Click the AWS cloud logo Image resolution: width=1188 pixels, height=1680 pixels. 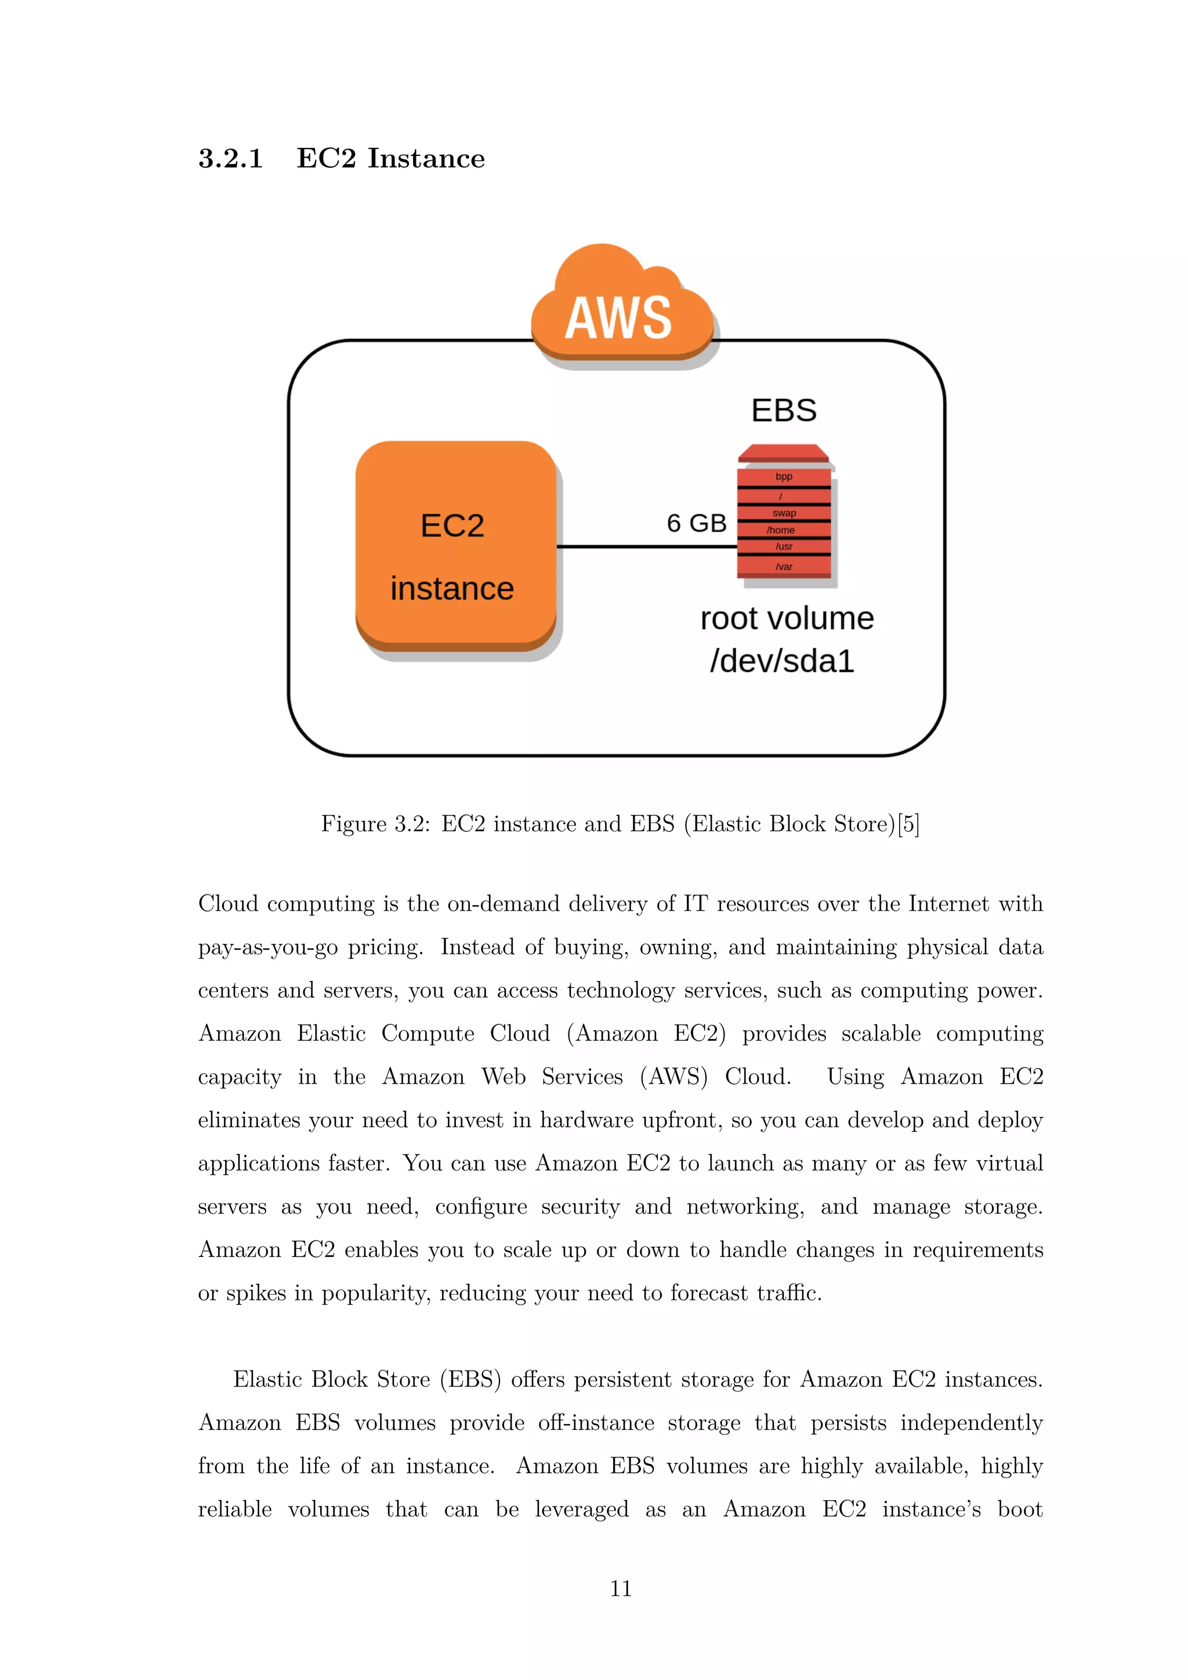[620, 307]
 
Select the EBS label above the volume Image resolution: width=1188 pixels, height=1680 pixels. [784, 411]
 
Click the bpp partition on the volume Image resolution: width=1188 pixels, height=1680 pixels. [784, 476]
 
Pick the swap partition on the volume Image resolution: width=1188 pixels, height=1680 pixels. [784, 513]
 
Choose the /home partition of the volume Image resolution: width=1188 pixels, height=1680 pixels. [781, 530]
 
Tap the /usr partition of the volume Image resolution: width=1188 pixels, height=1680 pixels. [784, 546]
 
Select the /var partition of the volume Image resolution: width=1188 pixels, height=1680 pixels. [784, 566]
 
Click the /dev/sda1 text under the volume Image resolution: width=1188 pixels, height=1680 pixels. [782, 661]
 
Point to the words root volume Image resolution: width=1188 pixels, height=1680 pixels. [787, 618]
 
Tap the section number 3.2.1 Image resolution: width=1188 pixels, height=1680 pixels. [230, 159]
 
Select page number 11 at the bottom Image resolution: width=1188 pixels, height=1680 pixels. [620, 1588]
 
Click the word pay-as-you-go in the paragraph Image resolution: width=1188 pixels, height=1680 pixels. [268, 947]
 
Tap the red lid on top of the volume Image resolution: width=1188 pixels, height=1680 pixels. [784, 454]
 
